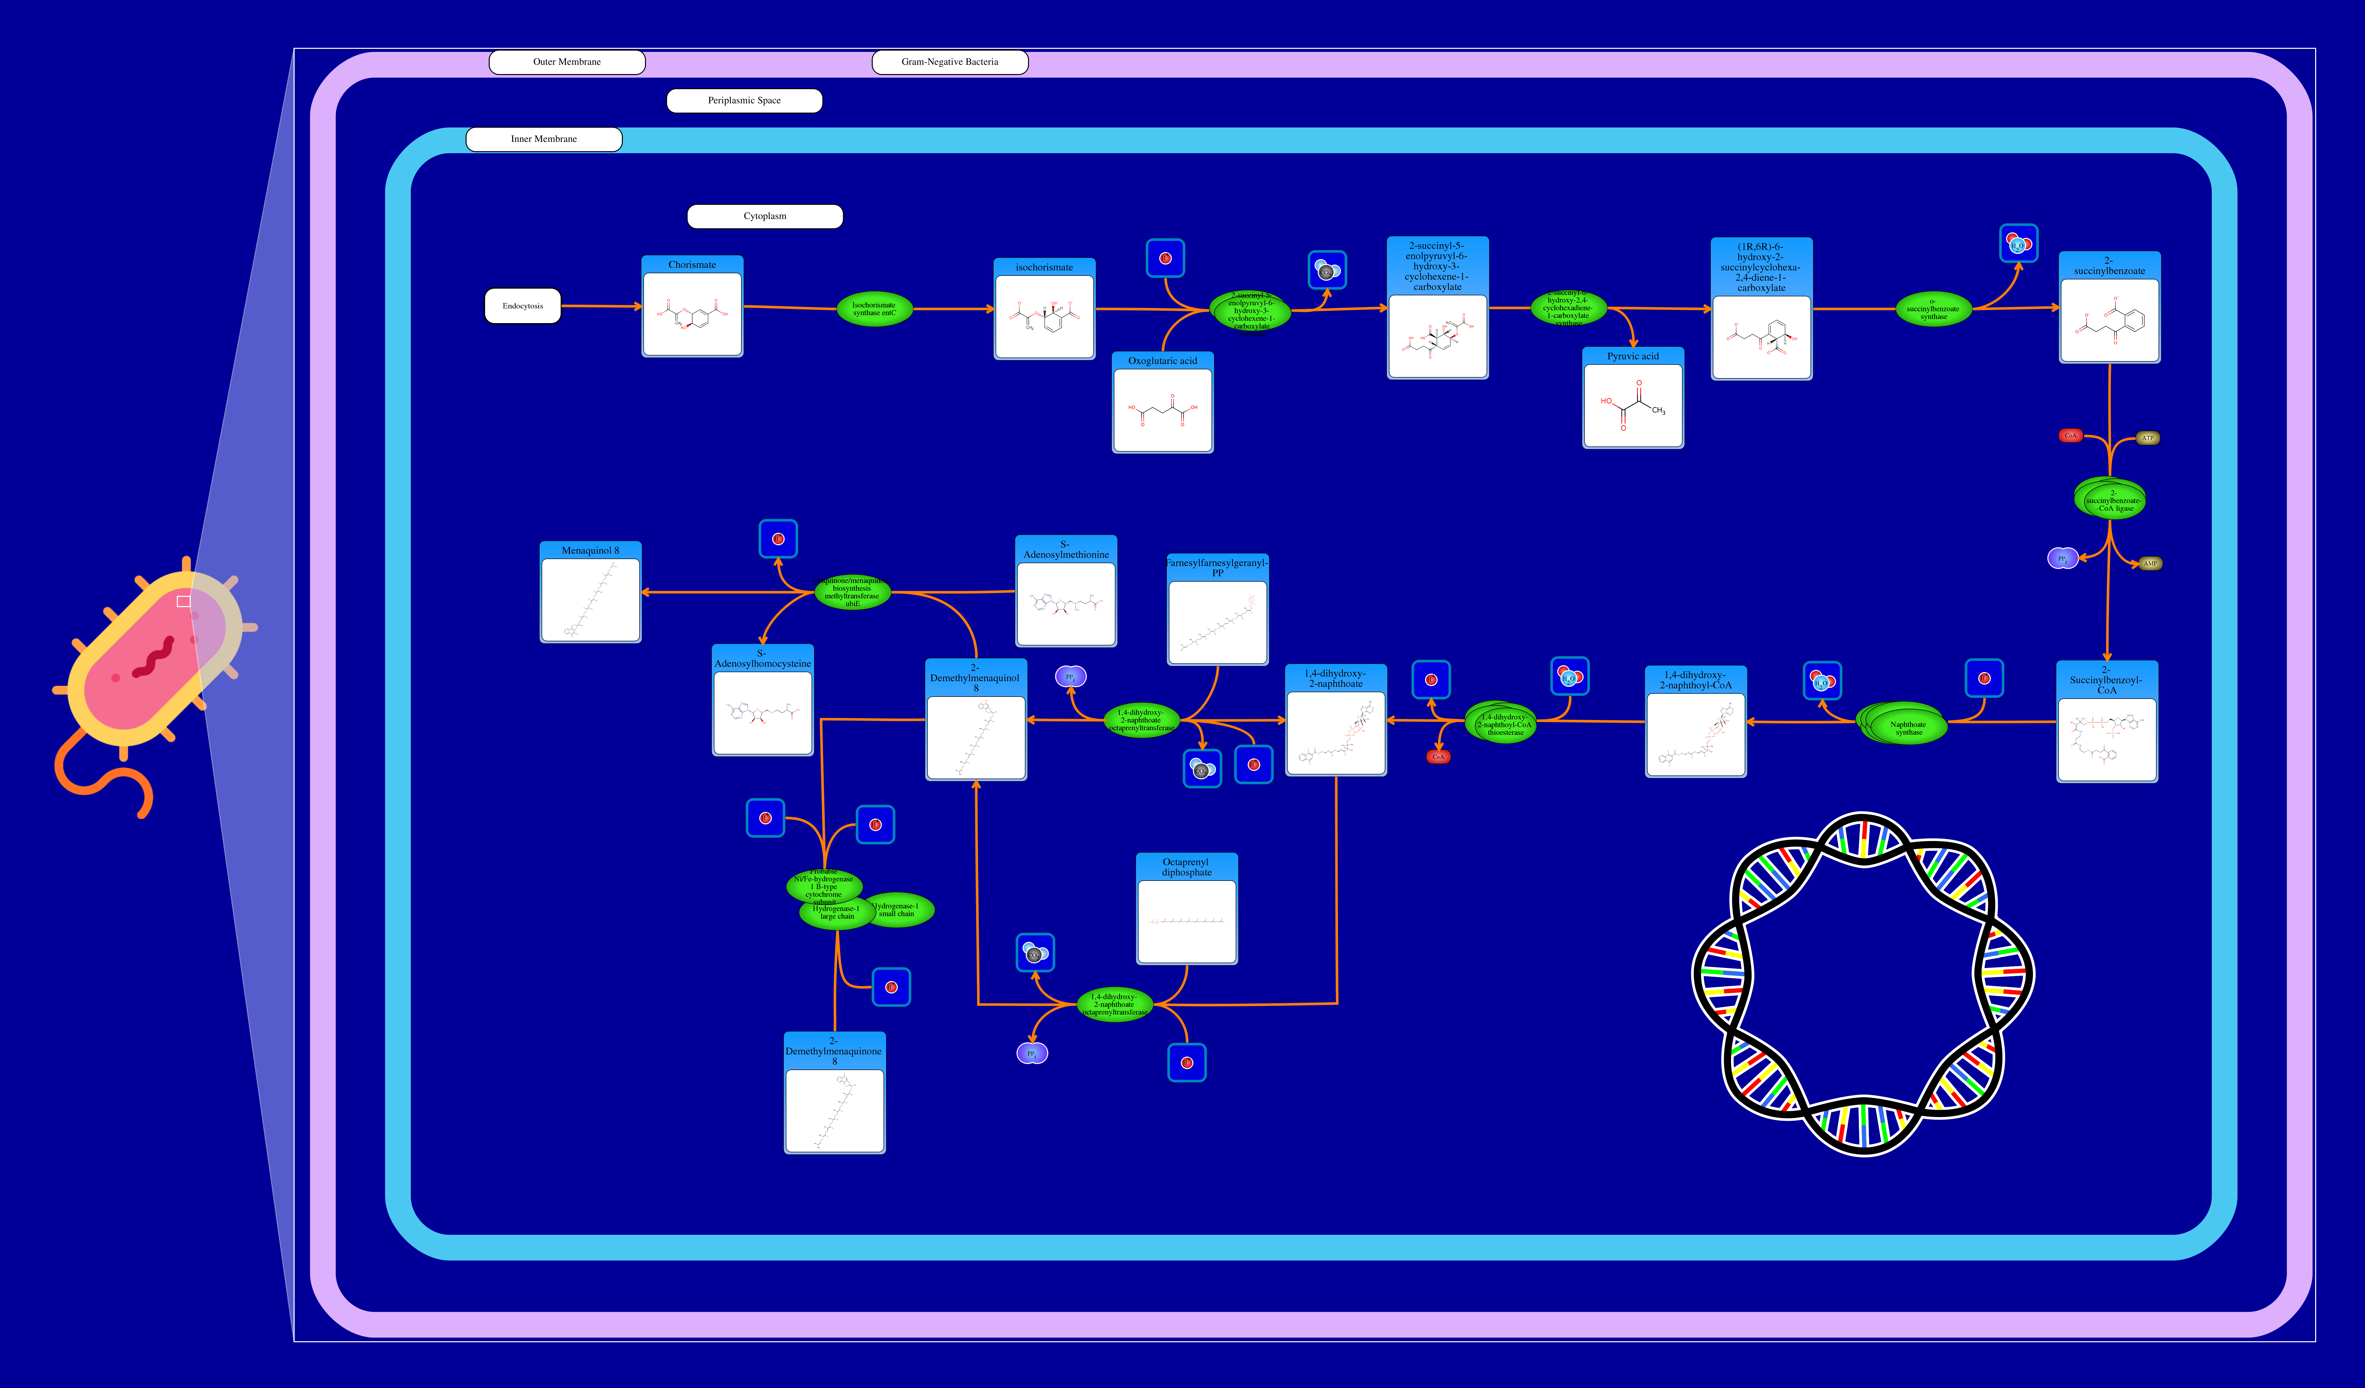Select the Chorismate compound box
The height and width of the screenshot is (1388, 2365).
tap(692, 307)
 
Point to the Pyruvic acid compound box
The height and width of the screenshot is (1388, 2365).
tap(1633, 399)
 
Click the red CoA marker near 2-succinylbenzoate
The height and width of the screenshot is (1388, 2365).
tap(2070, 435)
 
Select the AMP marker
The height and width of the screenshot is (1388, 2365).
tap(2150, 564)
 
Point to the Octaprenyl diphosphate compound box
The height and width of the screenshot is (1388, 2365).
tap(1186, 909)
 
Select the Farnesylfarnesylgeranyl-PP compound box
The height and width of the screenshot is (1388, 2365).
tap(1217, 610)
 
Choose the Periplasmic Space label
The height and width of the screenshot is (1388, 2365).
tap(744, 101)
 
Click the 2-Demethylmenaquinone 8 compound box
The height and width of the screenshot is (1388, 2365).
tap(834, 1093)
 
